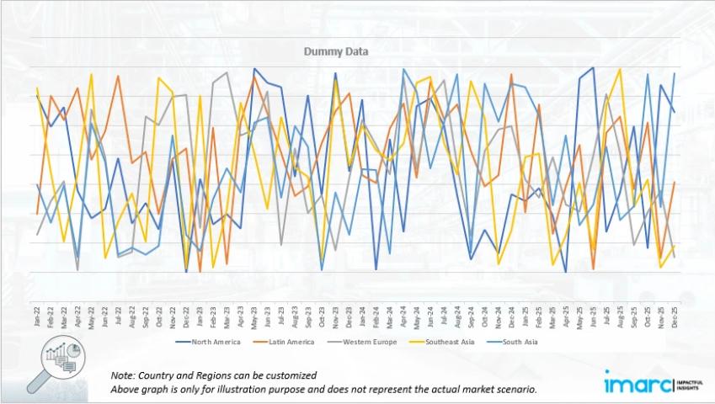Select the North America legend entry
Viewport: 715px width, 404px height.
[x=217, y=342]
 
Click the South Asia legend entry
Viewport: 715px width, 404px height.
[x=515, y=342]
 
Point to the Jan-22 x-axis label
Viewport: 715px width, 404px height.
[x=37, y=316]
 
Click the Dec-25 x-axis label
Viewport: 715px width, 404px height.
[x=675, y=316]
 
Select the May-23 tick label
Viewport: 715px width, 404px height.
[x=254, y=316]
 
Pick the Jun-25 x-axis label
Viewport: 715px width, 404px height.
[x=594, y=316]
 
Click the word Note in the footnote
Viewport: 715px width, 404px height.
[x=123, y=375]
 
